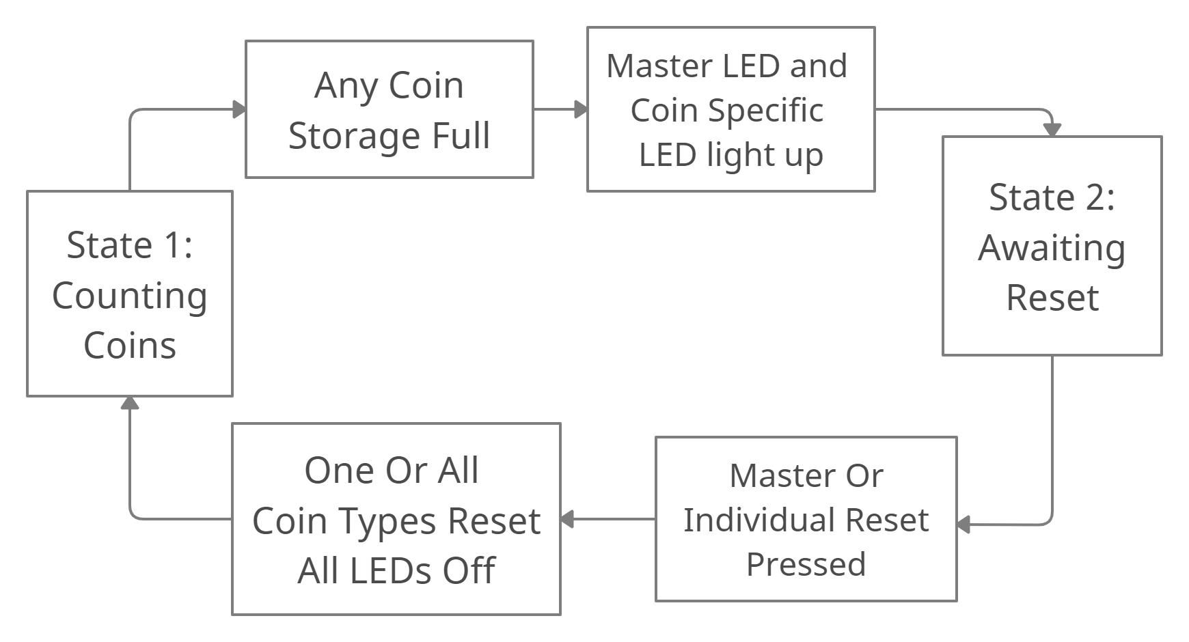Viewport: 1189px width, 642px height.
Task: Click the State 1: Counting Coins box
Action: click(x=130, y=294)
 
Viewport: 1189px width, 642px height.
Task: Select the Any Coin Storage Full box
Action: click(x=389, y=109)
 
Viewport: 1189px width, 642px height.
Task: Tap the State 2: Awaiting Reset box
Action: click(x=1052, y=246)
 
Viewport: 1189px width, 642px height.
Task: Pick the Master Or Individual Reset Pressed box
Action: click(x=806, y=519)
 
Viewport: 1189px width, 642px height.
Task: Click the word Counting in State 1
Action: click(x=130, y=296)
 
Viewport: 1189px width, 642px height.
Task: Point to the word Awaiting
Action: click(x=1052, y=248)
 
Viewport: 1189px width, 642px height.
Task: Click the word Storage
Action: click(x=355, y=135)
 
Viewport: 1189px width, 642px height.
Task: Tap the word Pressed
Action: click(x=806, y=564)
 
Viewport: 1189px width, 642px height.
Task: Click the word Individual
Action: click(x=758, y=520)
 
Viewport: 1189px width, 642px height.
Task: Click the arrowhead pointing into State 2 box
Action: click(x=1052, y=129)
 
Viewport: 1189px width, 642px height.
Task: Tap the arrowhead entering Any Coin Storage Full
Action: click(x=239, y=109)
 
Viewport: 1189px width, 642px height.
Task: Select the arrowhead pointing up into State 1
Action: click(x=130, y=403)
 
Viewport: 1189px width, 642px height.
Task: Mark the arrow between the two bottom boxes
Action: click(x=608, y=519)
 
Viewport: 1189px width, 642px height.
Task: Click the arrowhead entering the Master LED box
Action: click(x=581, y=109)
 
